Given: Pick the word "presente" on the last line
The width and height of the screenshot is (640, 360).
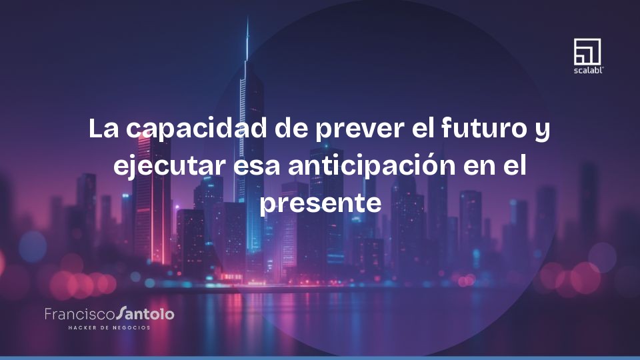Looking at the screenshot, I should (x=320, y=203).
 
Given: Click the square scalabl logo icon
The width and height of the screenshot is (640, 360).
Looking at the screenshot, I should (x=587, y=51).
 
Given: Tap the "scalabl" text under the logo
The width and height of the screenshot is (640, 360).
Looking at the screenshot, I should (x=587, y=69).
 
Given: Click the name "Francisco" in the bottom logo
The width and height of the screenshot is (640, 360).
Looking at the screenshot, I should (x=79, y=313).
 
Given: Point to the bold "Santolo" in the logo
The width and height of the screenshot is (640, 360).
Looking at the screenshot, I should (x=145, y=313).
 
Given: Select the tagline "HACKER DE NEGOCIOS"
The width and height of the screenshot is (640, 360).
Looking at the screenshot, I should (x=109, y=327).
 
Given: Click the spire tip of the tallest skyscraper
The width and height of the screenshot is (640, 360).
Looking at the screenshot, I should (x=247, y=20).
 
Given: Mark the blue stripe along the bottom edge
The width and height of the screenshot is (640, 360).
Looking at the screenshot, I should (x=320, y=357).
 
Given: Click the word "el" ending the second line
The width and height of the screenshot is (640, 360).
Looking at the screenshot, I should (x=514, y=165).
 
